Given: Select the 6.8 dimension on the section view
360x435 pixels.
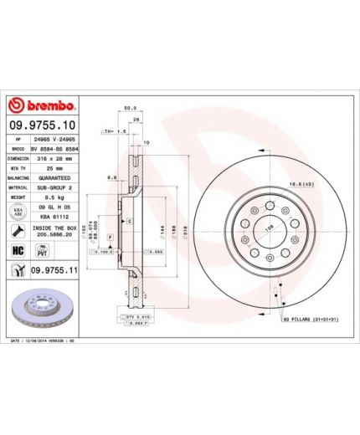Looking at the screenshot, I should tap(111, 177).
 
